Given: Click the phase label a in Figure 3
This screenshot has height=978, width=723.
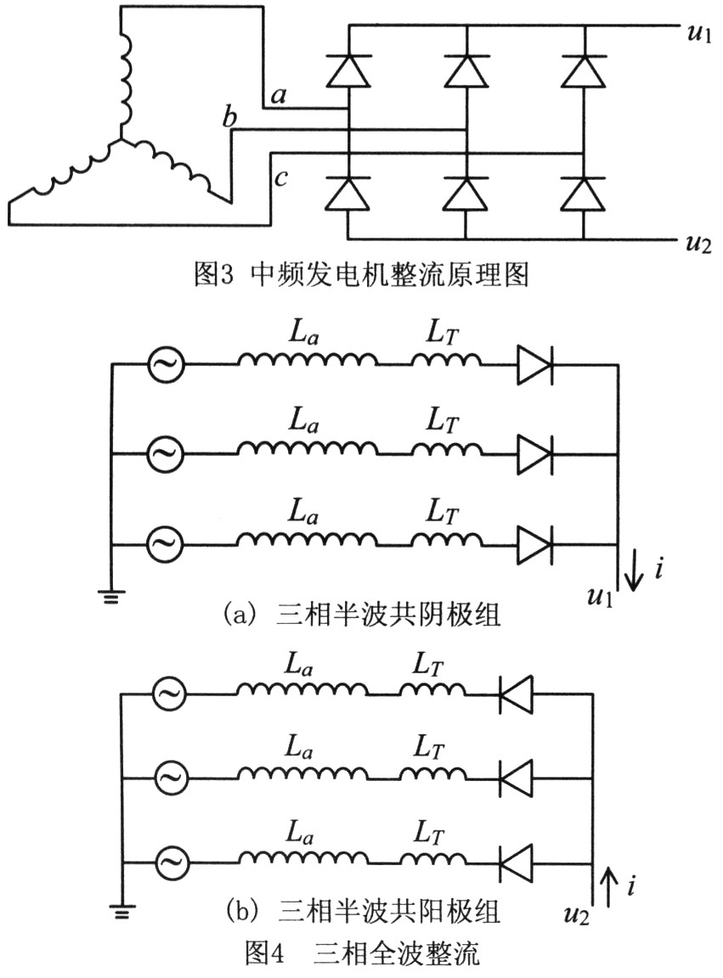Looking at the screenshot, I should tap(278, 97).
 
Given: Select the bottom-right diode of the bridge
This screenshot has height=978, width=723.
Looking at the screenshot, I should tap(584, 194).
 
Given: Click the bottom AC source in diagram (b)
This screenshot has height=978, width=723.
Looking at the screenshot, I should tap(169, 864).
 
